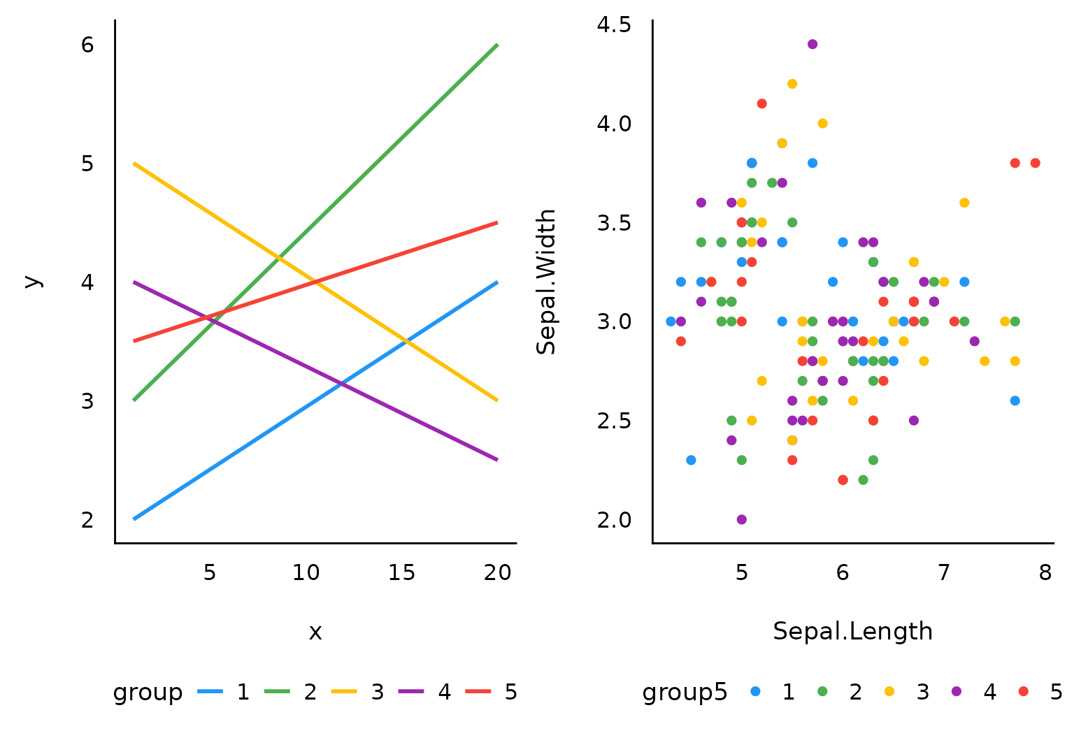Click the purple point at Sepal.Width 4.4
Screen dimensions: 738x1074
[812, 44]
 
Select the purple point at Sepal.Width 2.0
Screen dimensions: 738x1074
[741, 519]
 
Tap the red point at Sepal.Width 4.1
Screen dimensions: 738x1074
[761, 103]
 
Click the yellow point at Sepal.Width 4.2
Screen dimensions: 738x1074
[792, 84]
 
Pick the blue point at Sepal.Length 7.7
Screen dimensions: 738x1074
[1015, 400]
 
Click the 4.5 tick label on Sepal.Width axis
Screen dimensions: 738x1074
[613, 25]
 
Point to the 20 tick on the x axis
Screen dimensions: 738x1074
[497, 573]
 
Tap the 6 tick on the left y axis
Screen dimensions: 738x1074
[87, 45]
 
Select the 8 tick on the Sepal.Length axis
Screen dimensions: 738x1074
[1045, 573]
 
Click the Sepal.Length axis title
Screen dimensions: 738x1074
[852, 631]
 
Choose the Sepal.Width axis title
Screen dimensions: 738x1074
[546, 281]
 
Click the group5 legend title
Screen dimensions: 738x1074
[685, 692]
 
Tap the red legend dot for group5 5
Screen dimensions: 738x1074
[1023, 691]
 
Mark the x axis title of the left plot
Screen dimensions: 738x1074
[315, 632]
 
